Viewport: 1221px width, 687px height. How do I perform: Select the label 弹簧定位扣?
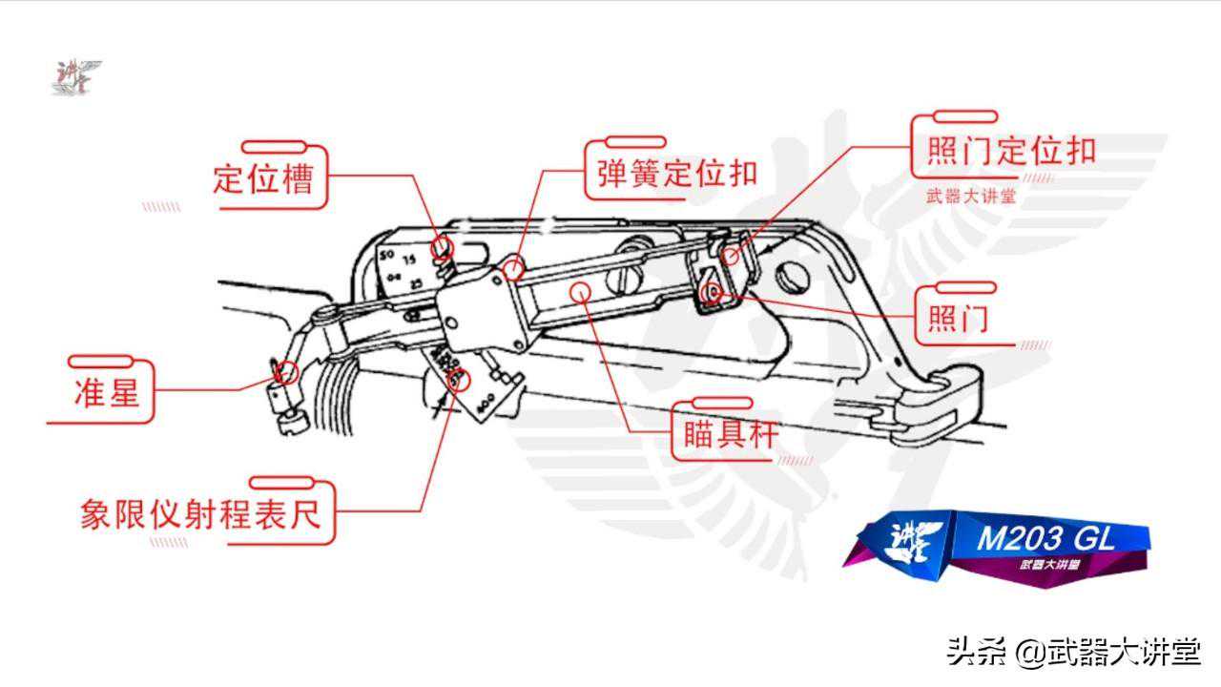pos(677,173)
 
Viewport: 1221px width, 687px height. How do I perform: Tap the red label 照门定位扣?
pos(1011,151)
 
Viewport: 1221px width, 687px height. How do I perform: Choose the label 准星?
pos(107,391)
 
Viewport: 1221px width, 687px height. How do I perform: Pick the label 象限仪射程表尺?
pos(200,514)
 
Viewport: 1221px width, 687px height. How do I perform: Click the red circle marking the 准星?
pos(286,371)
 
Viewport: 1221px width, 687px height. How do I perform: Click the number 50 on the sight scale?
pos(386,256)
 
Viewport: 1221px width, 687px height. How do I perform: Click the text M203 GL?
pos(1045,539)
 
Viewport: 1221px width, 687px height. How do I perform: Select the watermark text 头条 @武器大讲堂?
pos(1072,653)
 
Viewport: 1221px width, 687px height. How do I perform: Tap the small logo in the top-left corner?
pos(75,77)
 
